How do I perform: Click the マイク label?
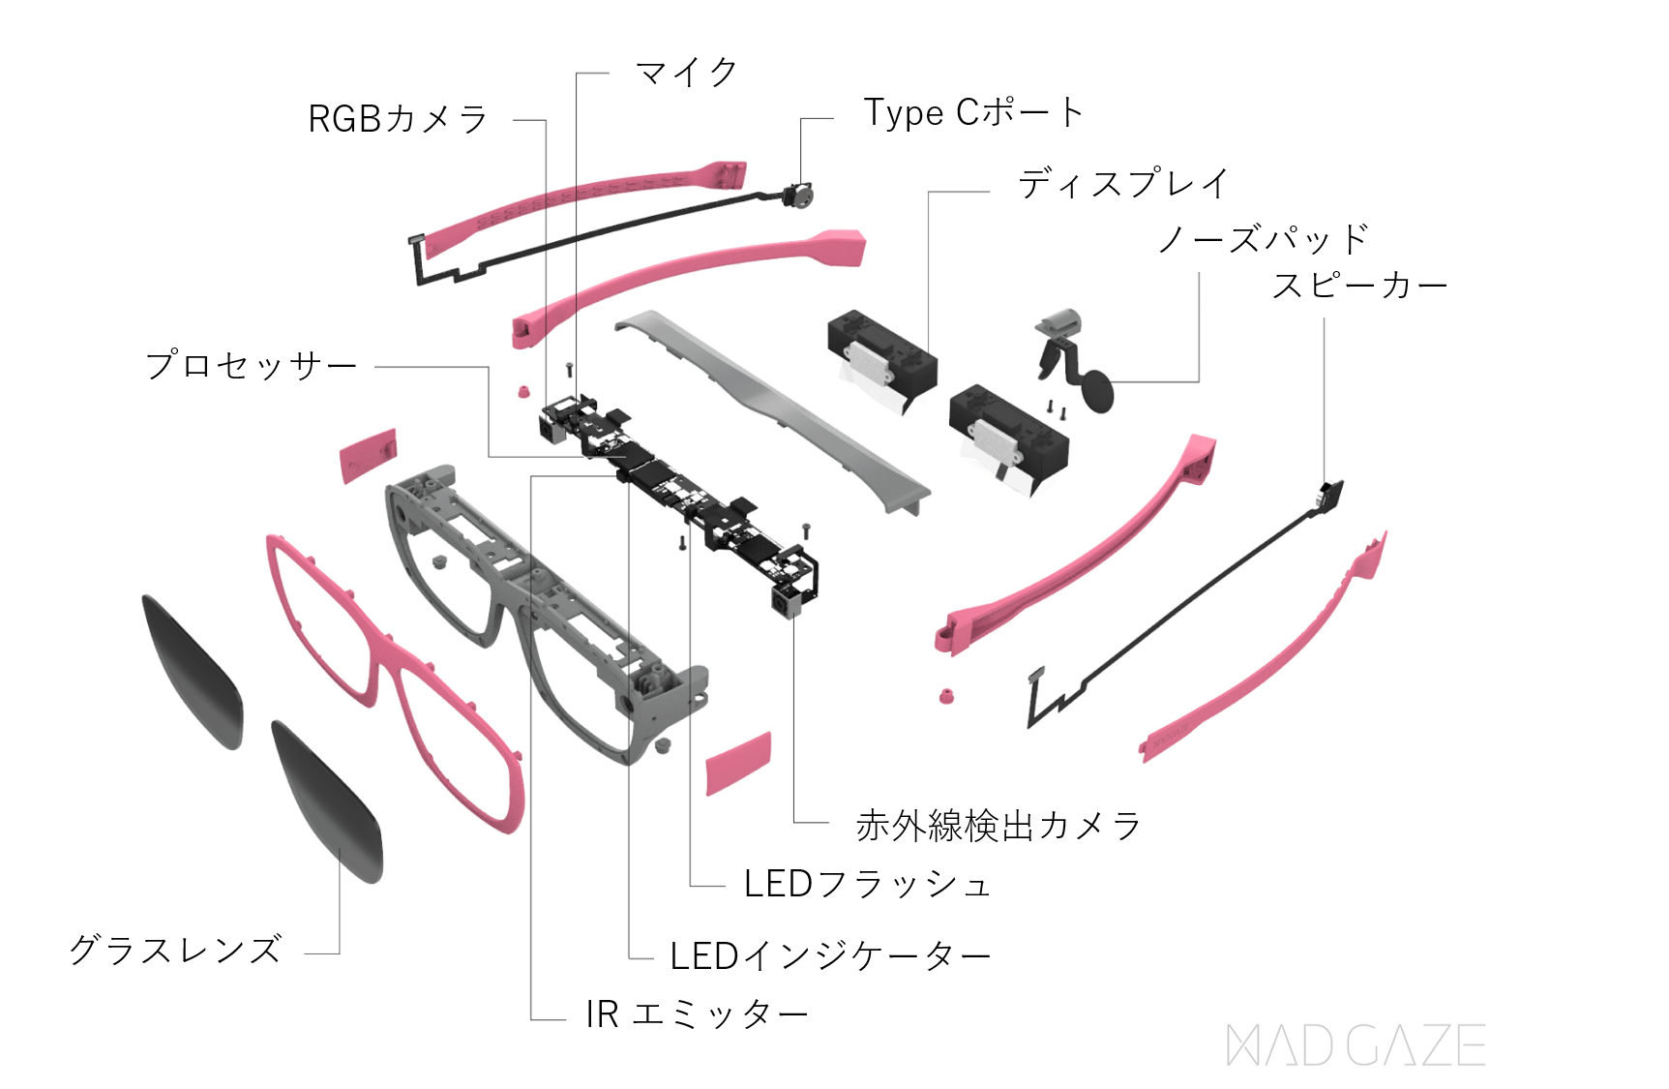click(686, 73)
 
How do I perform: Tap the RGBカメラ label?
click(398, 119)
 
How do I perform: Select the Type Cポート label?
click(972, 113)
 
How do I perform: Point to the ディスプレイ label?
click(1123, 183)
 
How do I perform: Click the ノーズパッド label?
click(1264, 238)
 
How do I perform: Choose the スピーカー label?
click(1359, 286)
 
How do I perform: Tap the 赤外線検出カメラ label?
click(998, 826)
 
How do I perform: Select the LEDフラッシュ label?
click(867, 884)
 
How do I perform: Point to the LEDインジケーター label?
click(830, 956)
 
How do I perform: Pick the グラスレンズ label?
click(175, 950)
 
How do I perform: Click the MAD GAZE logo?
click(1356, 1045)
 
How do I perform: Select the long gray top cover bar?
click(774, 407)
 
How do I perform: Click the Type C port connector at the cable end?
click(799, 196)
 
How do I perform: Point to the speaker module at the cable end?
click(1331, 494)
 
